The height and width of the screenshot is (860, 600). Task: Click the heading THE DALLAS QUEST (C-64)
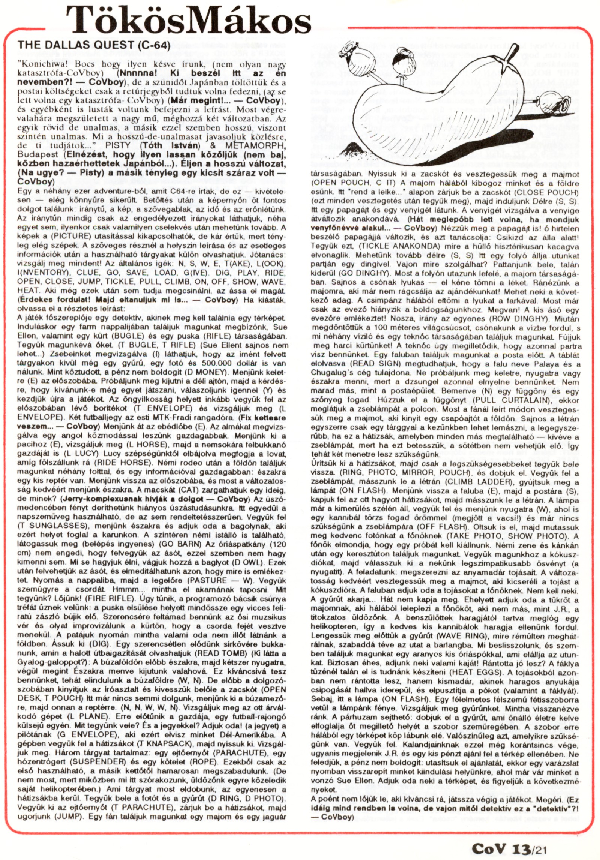pyautogui.click(x=94, y=45)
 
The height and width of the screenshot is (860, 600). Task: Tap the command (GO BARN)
pyautogui.click(x=160, y=544)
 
